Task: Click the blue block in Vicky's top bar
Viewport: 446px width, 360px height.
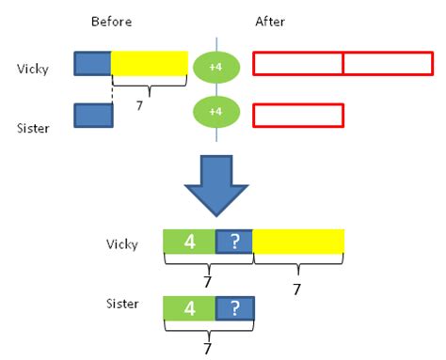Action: coord(92,64)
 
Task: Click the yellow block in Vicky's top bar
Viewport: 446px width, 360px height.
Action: coord(150,64)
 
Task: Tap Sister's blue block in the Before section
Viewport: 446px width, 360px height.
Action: coord(93,115)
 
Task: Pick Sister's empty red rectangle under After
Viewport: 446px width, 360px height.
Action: coord(298,115)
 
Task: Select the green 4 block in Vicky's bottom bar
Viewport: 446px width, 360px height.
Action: coord(189,242)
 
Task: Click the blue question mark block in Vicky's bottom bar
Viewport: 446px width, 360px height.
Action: coord(234,242)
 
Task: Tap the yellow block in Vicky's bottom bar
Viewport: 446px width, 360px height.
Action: coord(298,242)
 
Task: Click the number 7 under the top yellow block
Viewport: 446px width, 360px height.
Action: coord(139,106)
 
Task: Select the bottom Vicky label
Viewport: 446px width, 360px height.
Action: coord(123,244)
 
